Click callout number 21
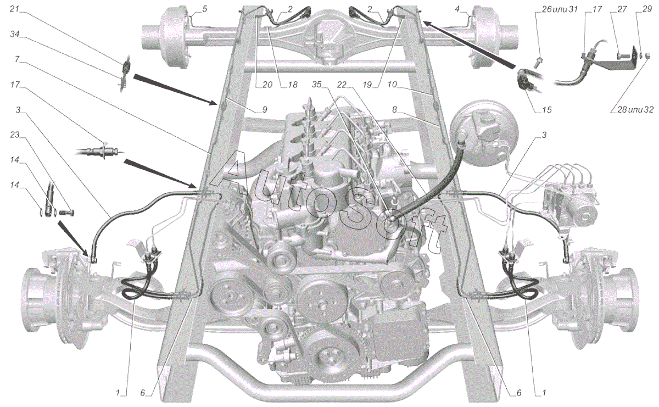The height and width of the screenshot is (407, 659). tap(14, 9)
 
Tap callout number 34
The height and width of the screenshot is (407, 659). tap(14, 35)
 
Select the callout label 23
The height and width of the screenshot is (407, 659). tap(14, 135)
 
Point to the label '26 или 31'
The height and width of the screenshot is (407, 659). tap(556, 9)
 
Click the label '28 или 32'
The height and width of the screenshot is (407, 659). tap(635, 110)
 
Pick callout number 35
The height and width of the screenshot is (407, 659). tap(316, 85)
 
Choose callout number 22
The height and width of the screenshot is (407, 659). tap(342, 85)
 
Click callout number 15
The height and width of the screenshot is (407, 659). tap(546, 110)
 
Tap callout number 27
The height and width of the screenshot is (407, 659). tap(622, 9)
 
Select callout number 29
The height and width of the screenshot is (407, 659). tap(647, 9)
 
